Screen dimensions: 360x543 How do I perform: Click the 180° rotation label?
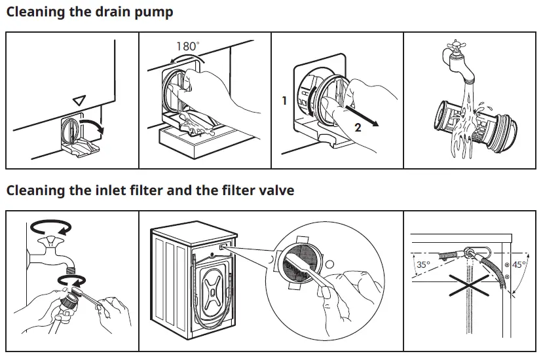[188, 46]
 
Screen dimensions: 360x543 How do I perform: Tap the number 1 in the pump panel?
[284, 101]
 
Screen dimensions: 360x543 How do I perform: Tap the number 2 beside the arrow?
[358, 128]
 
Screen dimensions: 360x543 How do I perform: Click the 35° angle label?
[423, 265]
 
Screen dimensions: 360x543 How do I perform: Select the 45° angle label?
[518, 265]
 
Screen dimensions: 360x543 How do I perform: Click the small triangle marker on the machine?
[79, 100]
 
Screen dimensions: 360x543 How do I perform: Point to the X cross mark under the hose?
[466, 285]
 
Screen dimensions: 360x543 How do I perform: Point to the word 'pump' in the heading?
[154, 13]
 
